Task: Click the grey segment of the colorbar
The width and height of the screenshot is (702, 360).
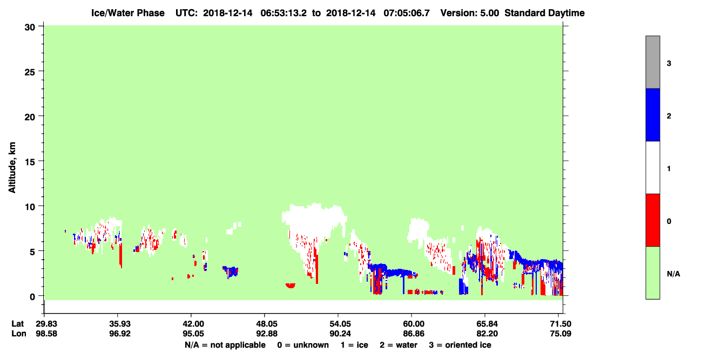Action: point(653,62)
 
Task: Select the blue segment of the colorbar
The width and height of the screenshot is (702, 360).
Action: point(653,114)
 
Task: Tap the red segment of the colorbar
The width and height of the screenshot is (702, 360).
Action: point(653,220)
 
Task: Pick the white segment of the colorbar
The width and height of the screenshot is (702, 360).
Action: point(653,168)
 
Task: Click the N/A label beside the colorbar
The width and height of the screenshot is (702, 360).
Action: point(673,274)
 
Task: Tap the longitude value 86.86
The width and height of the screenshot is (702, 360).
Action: point(414,334)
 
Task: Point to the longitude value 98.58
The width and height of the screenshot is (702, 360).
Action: point(46,334)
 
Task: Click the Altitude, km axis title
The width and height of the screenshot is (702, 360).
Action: point(12,168)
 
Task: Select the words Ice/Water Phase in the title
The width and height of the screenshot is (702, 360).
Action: point(128,13)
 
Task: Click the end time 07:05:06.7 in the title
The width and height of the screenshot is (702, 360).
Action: point(407,13)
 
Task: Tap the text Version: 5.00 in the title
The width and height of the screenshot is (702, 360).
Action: point(470,13)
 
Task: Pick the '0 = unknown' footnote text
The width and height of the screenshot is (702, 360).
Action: point(303,345)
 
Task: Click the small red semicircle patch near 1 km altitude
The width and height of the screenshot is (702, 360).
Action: point(291,286)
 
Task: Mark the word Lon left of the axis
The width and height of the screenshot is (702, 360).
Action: point(19,334)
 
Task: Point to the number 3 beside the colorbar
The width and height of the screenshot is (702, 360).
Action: point(669,63)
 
